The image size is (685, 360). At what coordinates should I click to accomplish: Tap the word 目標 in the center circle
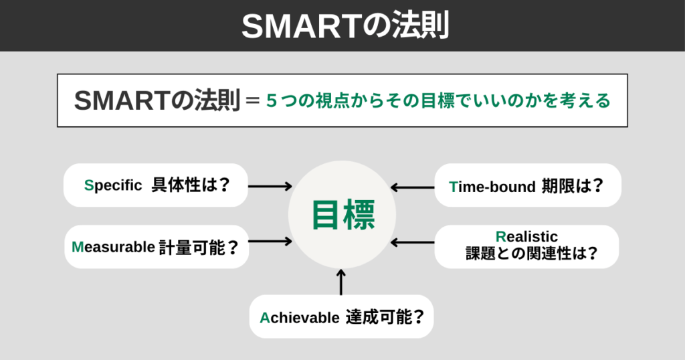[342, 215]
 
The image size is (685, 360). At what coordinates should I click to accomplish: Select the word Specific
[113, 185]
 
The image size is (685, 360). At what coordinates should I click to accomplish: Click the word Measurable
[113, 247]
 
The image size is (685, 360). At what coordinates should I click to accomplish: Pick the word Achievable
[300, 317]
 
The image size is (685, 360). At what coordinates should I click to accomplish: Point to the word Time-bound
[492, 185]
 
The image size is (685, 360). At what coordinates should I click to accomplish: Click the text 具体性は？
[190, 185]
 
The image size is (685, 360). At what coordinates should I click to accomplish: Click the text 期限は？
[572, 185]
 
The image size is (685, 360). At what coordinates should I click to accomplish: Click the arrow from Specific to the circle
[270, 186]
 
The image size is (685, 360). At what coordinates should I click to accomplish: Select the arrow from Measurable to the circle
[270, 241]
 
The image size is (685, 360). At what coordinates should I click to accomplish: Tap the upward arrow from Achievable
[341, 282]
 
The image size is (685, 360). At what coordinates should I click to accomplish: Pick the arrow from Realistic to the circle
[412, 241]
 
